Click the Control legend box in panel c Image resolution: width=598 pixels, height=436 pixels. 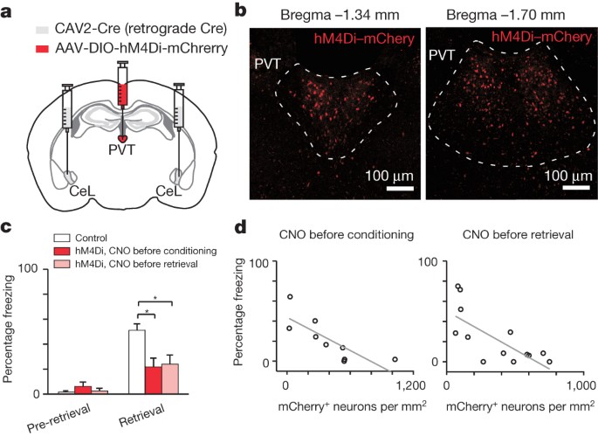[x=61, y=237]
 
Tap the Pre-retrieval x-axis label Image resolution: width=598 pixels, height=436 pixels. [x=50, y=414]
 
